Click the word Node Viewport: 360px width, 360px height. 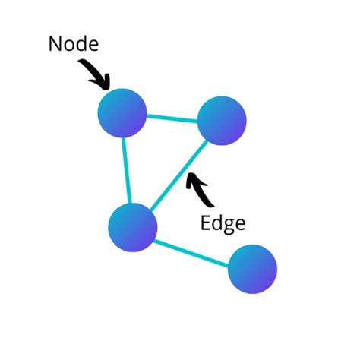[x=74, y=44]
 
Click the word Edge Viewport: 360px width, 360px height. [x=223, y=223]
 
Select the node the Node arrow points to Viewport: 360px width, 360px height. [x=122, y=113]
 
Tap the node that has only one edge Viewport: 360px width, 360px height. [x=252, y=269]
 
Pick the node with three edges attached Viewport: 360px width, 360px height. [x=133, y=227]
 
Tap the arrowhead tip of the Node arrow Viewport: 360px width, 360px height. [x=109, y=87]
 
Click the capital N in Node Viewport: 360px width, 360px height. [x=55, y=44]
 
